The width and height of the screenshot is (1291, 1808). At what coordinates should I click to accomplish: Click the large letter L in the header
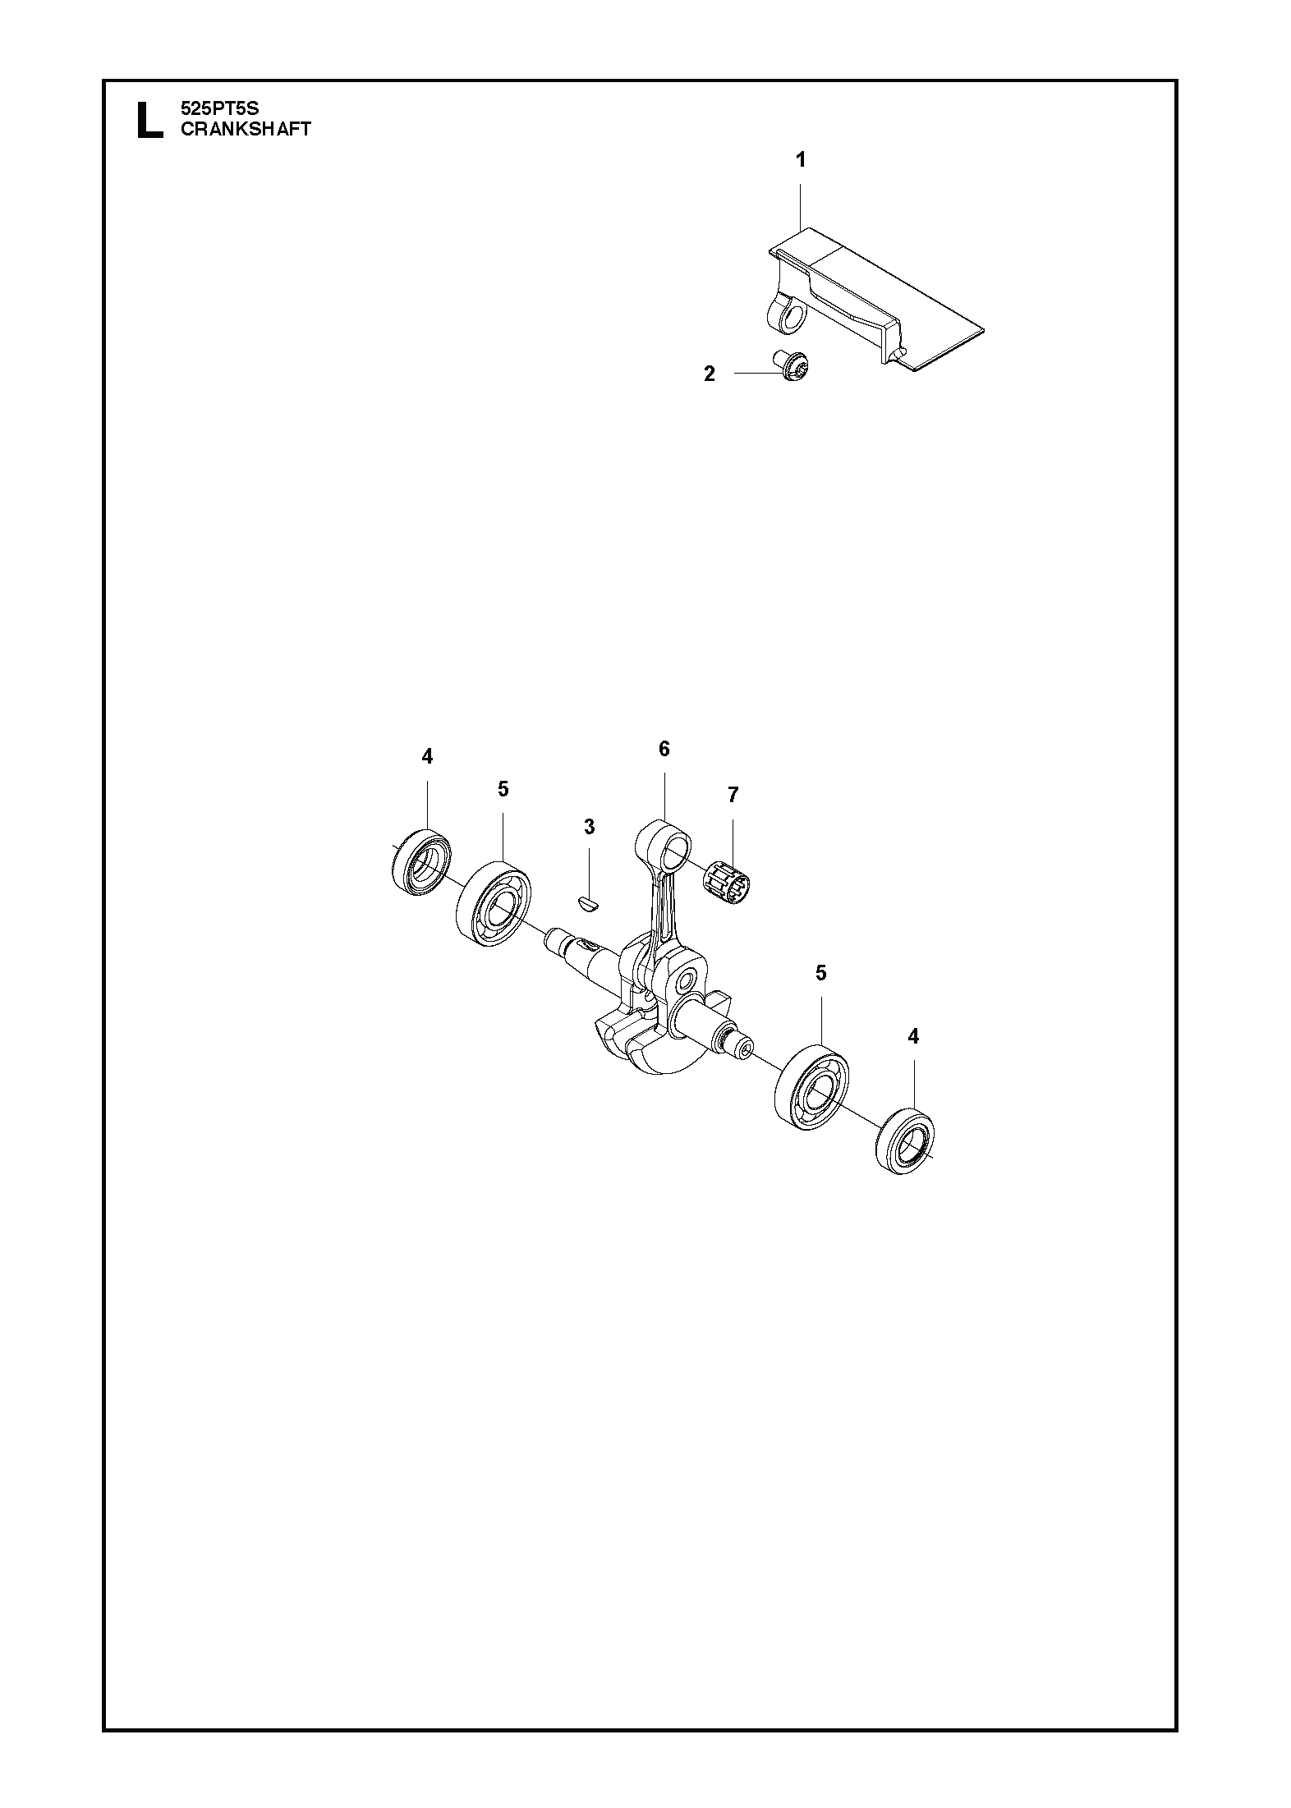149,120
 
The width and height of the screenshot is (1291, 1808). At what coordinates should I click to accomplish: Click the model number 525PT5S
219,108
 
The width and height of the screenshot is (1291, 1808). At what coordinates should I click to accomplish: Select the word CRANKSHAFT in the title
246,128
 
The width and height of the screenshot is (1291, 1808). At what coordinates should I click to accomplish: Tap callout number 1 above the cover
801,159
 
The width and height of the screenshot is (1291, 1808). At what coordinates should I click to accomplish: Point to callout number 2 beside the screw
710,374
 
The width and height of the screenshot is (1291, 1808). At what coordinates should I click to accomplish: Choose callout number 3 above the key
589,827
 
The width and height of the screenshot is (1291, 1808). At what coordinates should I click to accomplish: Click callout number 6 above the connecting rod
664,749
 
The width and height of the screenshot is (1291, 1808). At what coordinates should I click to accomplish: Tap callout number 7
733,795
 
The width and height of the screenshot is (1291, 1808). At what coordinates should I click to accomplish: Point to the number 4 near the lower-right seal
913,1037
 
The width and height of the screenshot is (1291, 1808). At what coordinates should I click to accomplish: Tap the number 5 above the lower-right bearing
820,974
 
